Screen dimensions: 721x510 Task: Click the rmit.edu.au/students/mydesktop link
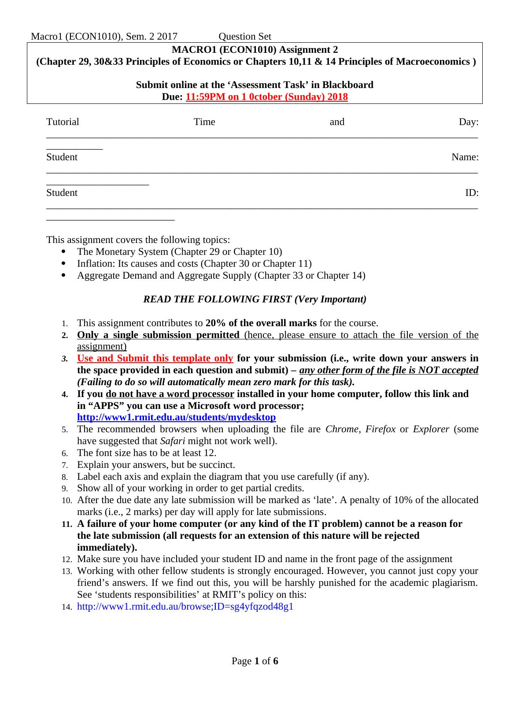tap(176, 417)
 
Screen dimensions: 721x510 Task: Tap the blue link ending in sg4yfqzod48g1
tap(185, 607)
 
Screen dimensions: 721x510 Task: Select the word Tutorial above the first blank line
tap(63, 122)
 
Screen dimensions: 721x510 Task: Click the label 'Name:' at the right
tap(465, 157)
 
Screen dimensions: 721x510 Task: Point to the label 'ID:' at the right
tap(472, 193)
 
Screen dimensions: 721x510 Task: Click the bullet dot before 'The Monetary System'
tap(65, 252)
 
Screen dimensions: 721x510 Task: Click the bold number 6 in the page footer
tap(276, 661)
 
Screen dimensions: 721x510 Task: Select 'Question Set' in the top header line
tap(244, 37)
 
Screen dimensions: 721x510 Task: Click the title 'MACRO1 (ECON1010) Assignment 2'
tap(255, 50)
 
